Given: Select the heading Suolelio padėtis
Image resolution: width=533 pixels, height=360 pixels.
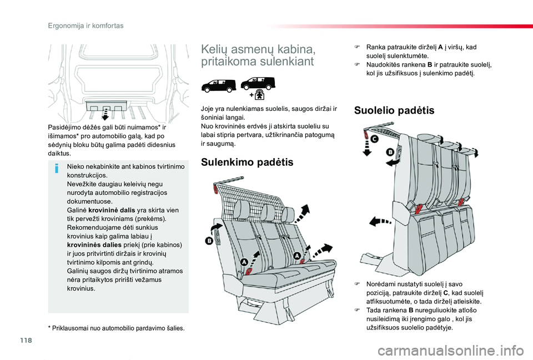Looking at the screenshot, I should pyautogui.click(x=394, y=110).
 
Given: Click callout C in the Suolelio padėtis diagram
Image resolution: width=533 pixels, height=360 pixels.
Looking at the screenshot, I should pyautogui.click(x=374, y=139).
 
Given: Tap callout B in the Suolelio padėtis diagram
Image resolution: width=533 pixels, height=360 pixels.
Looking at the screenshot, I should pyautogui.click(x=390, y=151).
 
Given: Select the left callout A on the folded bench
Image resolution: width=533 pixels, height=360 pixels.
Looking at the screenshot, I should pyautogui.click(x=244, y=261).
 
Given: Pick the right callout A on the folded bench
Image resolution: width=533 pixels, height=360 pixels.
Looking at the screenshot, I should pyautogui.click(x=298, y=255).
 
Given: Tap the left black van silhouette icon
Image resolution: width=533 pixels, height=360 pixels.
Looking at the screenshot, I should pyautogui.click(x=218, y=85).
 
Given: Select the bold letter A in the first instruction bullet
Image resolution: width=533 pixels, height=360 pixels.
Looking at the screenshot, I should pyautogui.click(x=440, y=47).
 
